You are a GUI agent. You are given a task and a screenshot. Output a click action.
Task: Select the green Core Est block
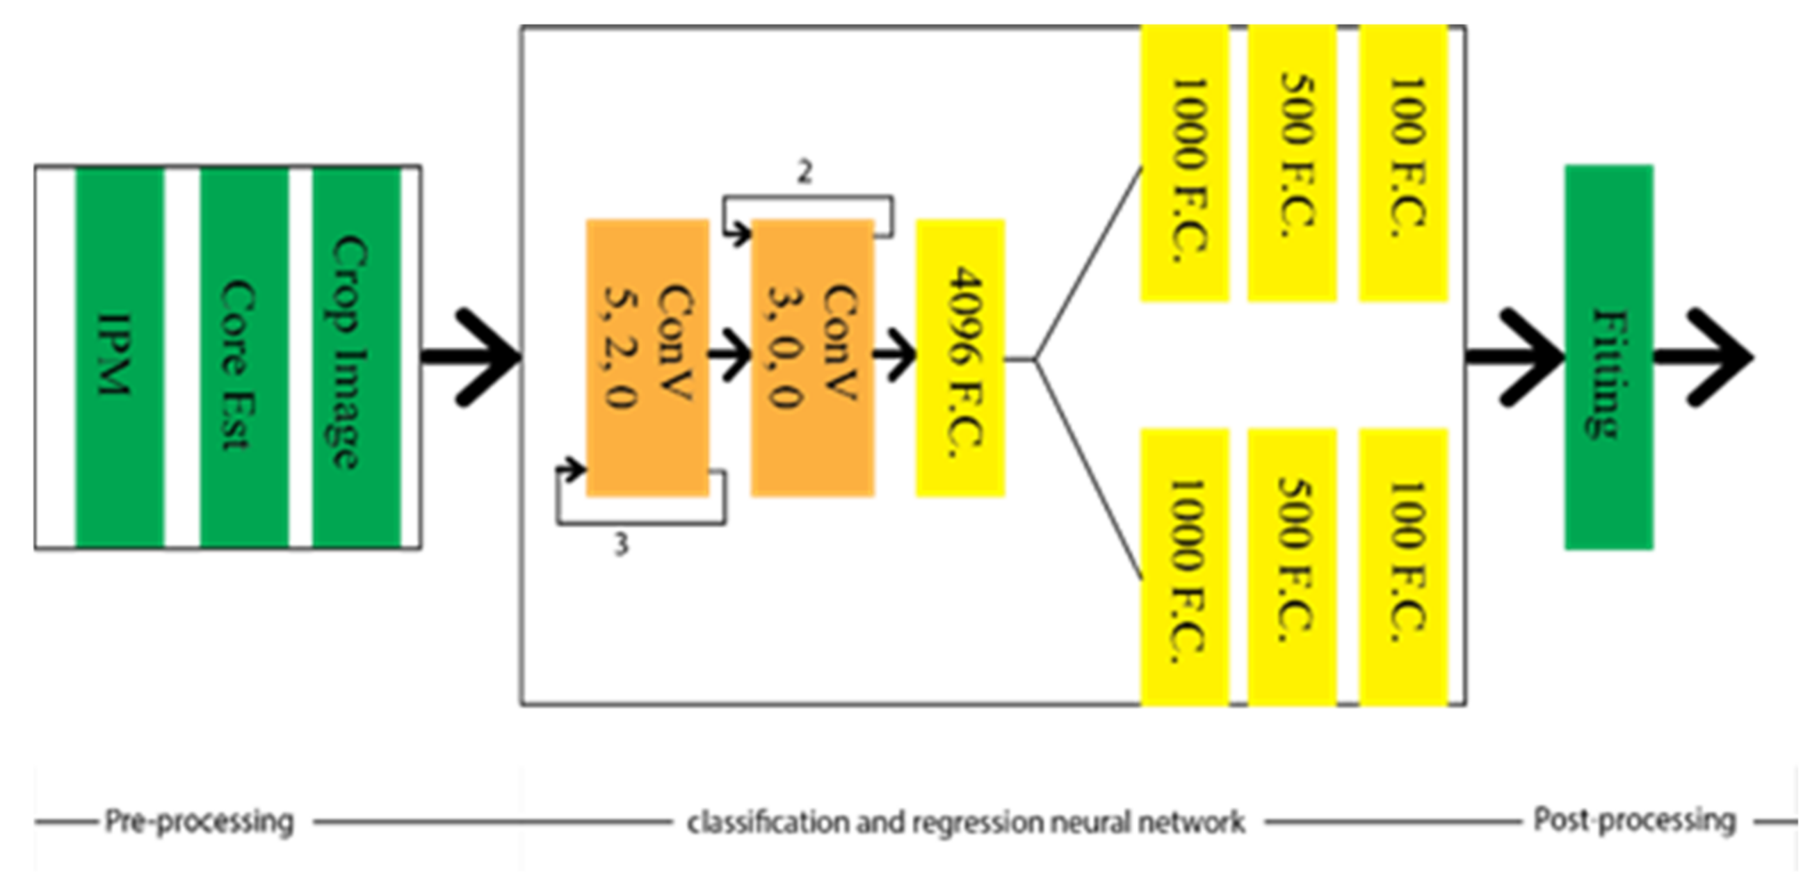pyautogui.click(x=243, y=357)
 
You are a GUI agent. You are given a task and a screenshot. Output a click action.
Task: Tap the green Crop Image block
pyautogui.click(x=356, y=357)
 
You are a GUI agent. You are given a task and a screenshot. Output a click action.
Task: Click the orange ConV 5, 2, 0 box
pyautogui.click(x=647, y=357)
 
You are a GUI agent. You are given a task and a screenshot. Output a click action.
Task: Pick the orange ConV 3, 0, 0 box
pyautogui.click(x=812, y=357)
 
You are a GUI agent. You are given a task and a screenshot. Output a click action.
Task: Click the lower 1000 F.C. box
pyautogui.click(x=1185, y=567)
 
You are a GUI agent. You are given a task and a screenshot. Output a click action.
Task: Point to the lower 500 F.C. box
pyautogui.click(x=1291, y=567)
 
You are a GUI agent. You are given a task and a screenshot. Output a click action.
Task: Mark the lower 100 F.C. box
pyautogui.click(x=1403, y=567)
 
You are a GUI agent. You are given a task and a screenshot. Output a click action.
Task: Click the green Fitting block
pyautogui.click(x=1608, y=357)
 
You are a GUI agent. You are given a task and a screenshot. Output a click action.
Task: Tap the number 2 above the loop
pyautogui.click(x=805, y=172)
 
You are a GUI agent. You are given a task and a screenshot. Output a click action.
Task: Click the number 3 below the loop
pyautogui.click(x=620, y=545)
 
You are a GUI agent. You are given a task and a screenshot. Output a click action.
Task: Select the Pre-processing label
pyautogui.click(x=199, y=821)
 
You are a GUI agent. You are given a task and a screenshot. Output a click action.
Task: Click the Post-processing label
pyautogui.click(x=1634, y=820)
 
